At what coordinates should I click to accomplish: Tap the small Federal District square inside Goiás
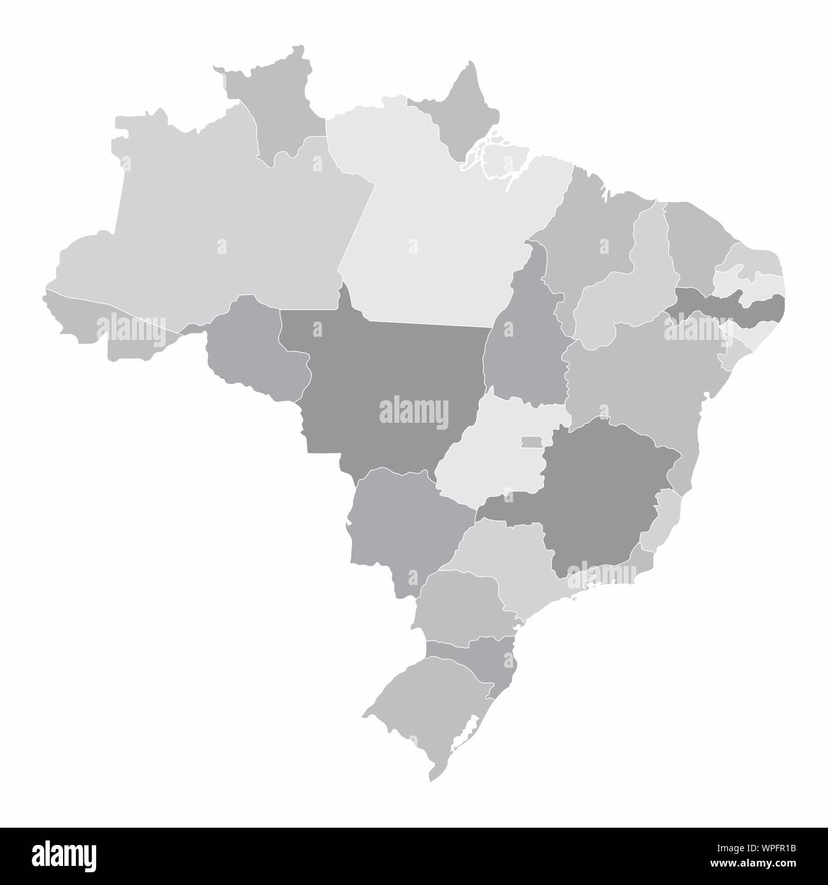click(x=529, y=442)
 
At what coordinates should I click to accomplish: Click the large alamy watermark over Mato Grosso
click(x=414, y=410)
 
